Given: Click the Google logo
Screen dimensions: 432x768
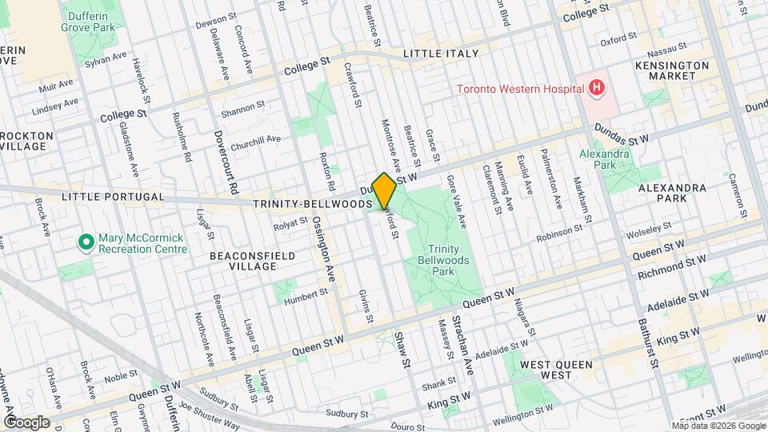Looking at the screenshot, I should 26,422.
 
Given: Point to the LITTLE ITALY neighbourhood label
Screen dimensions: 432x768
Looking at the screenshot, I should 440,54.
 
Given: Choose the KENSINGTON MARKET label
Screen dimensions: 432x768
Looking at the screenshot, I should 672,70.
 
